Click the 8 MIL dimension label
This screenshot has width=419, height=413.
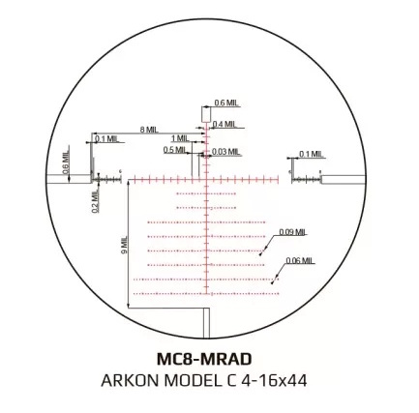coord(149,130)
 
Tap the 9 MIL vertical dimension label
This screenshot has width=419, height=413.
coord(125,245)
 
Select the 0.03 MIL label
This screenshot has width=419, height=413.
coord(226,152)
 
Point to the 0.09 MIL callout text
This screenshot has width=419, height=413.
coord(292,232)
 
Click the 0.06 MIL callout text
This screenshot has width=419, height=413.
coord(300,260)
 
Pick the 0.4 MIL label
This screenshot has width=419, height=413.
coord(224,124)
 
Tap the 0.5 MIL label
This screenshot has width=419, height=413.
coord(174,150)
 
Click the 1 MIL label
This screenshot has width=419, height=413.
coord(180,138)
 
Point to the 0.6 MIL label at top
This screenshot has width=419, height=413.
coord(226,103)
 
